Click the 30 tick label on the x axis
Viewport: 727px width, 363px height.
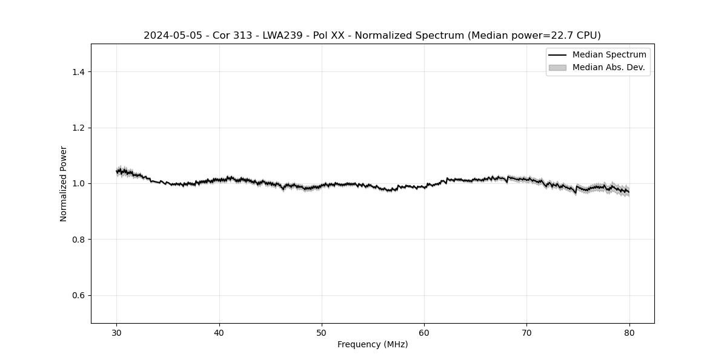click(x=117, y=333)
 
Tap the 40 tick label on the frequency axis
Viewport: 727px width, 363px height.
click(x=219, y=333)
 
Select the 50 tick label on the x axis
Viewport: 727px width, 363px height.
click(x=322, y=333)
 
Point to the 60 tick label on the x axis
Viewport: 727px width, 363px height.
click(x=424, y=333)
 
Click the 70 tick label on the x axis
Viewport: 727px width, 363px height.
click(x=526, y=333)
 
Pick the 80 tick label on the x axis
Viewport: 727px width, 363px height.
click(x=629, y=333)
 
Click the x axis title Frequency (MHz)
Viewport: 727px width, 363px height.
click(x=373, y=344)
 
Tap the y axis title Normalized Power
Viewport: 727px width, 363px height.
click(x=64, y=183)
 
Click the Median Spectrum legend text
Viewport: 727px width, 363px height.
click(x=609, y=55)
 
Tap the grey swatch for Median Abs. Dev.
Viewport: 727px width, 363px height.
click(x=557, y=68)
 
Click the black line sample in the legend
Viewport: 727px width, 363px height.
click(x=557, y=55)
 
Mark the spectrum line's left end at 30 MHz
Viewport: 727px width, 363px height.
click(x=117, y=172)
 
